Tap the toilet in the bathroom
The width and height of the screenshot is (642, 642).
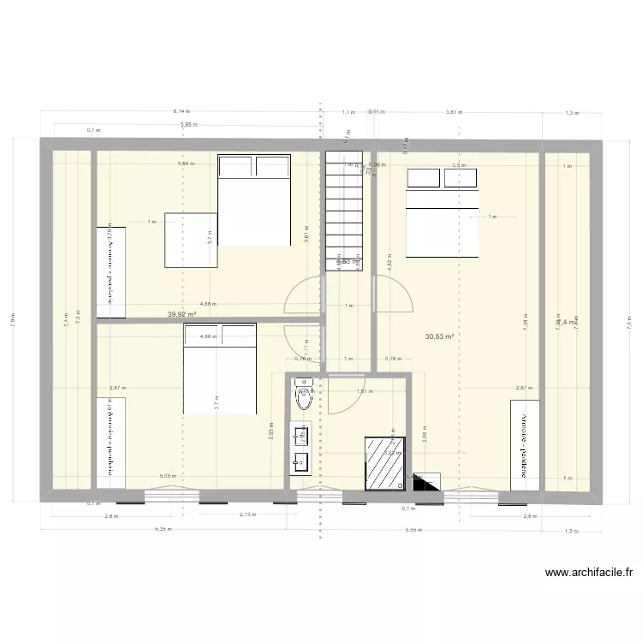pyautogui.click(x=303, y=399)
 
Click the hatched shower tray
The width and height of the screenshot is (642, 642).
pyautogui.click(x=385, y=463)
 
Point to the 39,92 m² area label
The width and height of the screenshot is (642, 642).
pyautogui.click(x=182, y=314)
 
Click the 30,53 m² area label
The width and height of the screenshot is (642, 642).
pyautogui.click(x=439, y=337)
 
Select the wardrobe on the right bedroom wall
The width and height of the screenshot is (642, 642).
pyautogui.click(x=524, y=443)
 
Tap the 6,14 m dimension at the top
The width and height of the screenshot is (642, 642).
pyautogui.click(x=181, y=111)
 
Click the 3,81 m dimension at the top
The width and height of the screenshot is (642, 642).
pyautogui.click(x=454, y=111)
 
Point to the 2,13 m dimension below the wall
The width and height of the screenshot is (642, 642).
pyautogui.click(x=247, y=515)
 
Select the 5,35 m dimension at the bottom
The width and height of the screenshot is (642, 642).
pyautogui.click(x=163, y=530)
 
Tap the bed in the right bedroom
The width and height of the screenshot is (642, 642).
pyautogui.click(x=442, y=212)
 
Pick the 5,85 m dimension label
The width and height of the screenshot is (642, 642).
pyautogui.click(x=187, y=126)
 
